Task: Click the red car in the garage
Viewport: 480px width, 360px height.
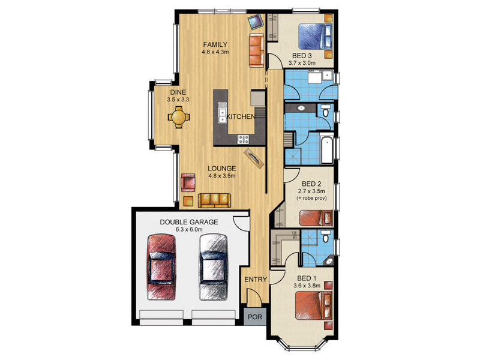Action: coord(161,267)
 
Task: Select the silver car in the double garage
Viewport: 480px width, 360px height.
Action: coord(214,267)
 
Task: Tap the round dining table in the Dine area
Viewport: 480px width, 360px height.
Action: coord(179,117)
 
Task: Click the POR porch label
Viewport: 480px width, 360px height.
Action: coord(255,317)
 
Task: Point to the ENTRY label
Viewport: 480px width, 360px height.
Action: coord(256,280)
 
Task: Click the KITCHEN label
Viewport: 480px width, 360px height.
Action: coord(241,116)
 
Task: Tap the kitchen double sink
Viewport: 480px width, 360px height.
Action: coord(222,112)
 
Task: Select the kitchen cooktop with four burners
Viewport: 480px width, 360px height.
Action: coord(244,140)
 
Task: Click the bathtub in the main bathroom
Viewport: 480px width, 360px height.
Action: coord(327,150)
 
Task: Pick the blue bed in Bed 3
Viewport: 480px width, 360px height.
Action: coord(315,37)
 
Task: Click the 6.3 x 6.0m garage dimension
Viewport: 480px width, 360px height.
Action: coord(189,230)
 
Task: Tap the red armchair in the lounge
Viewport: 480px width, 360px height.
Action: coord(188,183)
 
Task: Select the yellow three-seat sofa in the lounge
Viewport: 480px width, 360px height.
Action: coord(214,200)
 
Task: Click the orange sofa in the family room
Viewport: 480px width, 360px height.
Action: coord(257,50)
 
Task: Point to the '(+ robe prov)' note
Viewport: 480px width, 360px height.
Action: coord(311,198)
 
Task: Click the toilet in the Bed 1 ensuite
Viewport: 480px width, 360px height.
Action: coord(326,237)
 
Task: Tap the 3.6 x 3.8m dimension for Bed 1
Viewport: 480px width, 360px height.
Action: coord(307,286)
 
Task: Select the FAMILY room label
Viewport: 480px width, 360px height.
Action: coord(215,44)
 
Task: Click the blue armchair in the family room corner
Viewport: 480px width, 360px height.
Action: coord(256,22)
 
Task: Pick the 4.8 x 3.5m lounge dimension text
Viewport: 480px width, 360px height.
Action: coord(222,176)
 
